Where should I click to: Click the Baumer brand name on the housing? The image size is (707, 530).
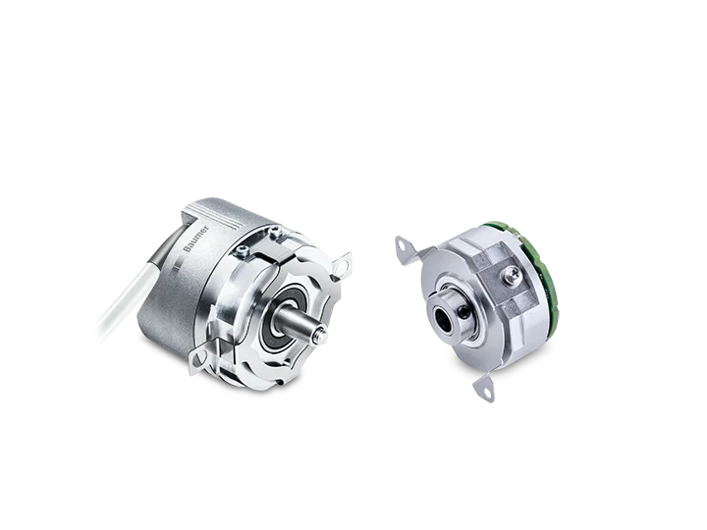point(196,238)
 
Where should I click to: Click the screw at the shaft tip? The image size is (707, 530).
point(321,336)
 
